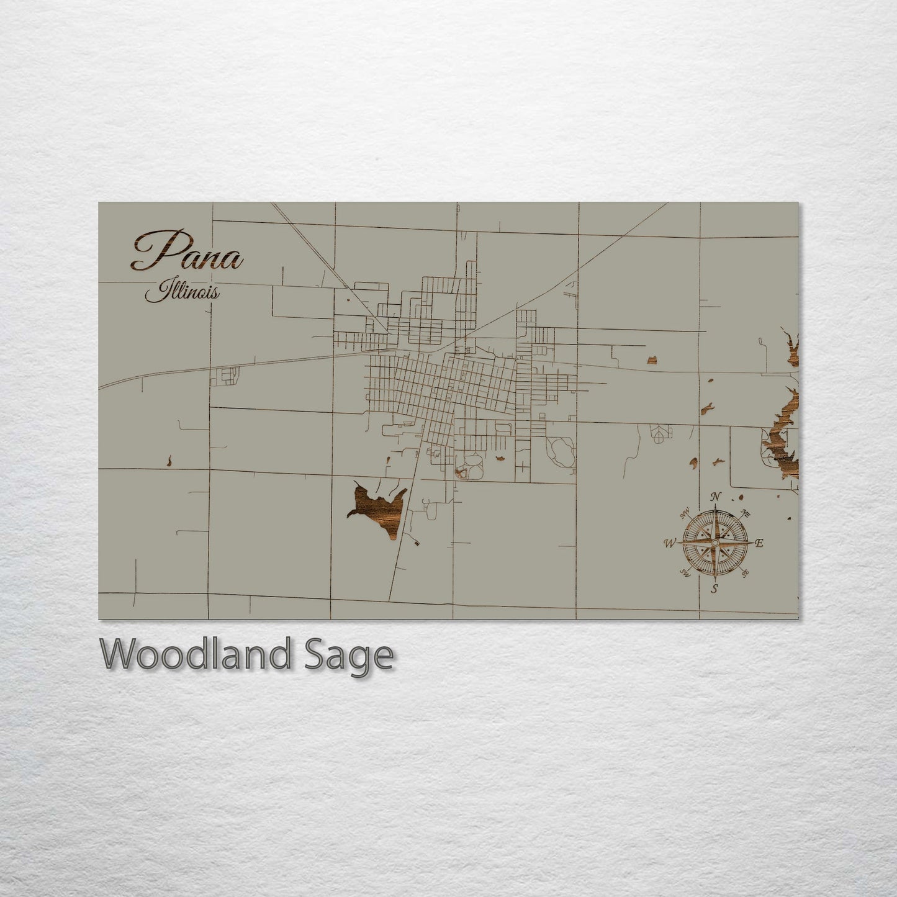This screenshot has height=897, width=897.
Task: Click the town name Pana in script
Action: click(186, 252)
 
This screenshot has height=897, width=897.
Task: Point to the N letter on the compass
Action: click(716, 497)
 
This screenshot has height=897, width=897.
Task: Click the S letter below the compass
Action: click(714, 589)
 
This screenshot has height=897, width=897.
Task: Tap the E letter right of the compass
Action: click(759, 543)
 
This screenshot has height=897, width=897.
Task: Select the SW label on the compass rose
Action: click(686, 572)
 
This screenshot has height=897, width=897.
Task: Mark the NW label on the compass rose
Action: click(686, 514)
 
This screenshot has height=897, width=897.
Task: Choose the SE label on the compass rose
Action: click(745, 572)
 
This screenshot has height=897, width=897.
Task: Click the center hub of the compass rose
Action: click(715, 543)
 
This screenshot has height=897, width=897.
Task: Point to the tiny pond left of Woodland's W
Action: click(169, 461)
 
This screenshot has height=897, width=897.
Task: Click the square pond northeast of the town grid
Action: click(652, 359)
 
